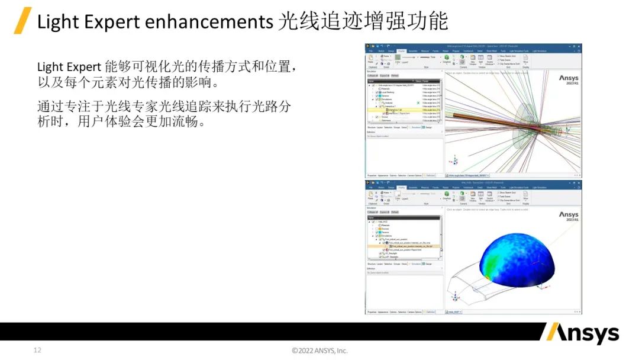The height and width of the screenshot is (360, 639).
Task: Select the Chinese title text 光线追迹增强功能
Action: pos(362,22)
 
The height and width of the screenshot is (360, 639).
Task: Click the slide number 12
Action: pos(37,351)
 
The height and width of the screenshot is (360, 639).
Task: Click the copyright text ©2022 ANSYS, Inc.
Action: pos(319,351)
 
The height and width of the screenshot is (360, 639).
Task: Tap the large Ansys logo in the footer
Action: pos(582,334)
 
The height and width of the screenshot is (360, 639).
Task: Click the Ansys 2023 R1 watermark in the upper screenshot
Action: pos(568,81)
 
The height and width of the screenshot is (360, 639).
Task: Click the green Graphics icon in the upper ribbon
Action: pos(447,60)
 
